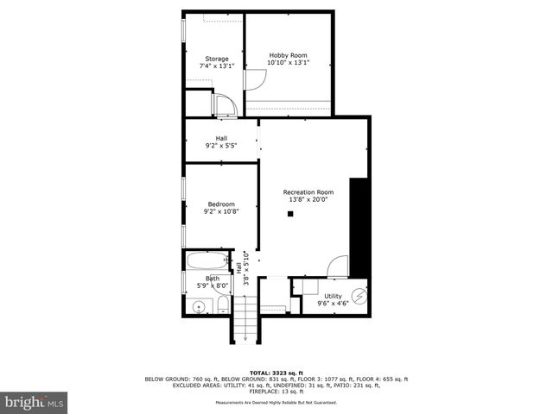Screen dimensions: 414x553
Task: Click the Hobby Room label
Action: click(288, 54)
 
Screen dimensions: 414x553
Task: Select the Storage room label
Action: click(217, 59)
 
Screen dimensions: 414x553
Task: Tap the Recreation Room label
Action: click(308, 191)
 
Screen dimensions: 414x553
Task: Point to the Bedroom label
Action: click(219, 204)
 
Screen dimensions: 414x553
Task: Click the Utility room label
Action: click(333, 295)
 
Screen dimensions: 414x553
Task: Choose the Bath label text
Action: click(213, 278)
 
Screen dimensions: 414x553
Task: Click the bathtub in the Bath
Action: click(206, 260)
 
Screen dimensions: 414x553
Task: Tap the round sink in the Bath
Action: click(200, 306)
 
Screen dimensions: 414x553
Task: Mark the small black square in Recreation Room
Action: click(291, 213)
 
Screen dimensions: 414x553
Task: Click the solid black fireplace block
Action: click(359, 227)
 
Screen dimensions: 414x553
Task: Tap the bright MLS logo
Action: click(35, 401)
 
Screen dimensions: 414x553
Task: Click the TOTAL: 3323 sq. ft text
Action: click(276, 371)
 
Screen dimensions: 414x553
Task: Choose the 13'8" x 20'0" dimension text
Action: click(308, 199)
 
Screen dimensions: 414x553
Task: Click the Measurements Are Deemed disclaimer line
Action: click(276, 403)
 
